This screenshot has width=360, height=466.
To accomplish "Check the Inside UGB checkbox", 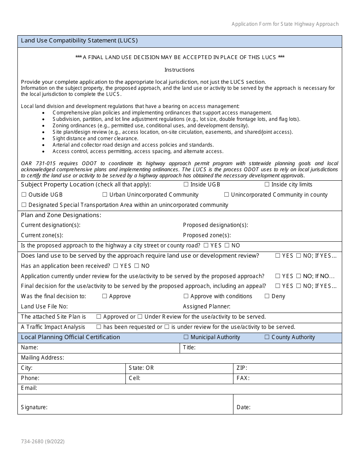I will [x=186, y=185].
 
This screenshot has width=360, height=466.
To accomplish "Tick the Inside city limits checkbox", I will [x=267, y=185].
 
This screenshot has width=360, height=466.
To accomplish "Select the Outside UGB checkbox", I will [x=24, y=195].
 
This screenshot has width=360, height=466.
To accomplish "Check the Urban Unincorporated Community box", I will [x=105, y=195].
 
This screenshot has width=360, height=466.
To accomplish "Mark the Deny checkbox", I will [x=267, y=296].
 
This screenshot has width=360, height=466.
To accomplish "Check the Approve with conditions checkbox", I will [x=186, y=296].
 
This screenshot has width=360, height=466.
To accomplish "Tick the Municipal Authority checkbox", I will [x=186, y=337].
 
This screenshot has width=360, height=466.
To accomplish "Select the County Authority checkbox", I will [x=267, y=337].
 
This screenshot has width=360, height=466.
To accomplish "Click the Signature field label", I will [x=34, y=407].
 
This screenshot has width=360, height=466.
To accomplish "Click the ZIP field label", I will [x=241, y=368].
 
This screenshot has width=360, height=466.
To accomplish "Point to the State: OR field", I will [x=141, y=368].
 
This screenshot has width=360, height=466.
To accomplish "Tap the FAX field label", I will [x=243, y=378].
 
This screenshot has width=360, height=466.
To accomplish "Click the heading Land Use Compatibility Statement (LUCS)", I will [x=79, y=40].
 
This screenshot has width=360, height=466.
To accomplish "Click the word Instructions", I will [x=179, y=70].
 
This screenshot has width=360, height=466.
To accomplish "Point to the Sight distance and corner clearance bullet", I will [x=95, y=138].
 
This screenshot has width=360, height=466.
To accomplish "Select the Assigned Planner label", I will [x=207, y=306].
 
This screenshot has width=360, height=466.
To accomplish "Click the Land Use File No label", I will [x=44, y=306].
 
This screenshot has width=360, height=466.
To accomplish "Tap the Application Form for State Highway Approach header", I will [x=285, y=24].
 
